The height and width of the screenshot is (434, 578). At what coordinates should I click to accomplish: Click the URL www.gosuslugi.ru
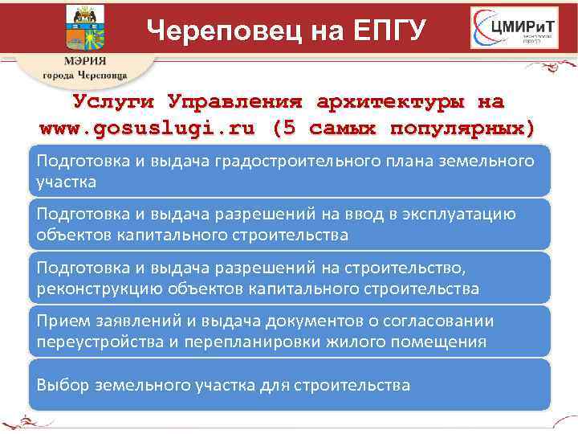click(148, 127)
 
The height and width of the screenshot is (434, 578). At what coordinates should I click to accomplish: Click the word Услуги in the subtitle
click(116, 102)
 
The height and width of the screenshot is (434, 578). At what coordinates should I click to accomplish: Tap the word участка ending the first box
click(67, 182)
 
